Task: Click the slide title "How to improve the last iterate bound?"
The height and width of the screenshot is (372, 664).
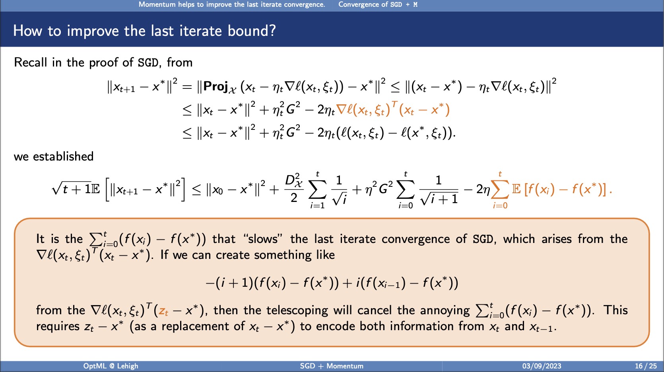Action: (x=144, y=31)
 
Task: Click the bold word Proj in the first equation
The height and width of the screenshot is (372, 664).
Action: (x=216, y=86)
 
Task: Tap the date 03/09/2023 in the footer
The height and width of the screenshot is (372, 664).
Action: (x=542, y=366)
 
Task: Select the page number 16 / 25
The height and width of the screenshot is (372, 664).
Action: (x=646, y=366)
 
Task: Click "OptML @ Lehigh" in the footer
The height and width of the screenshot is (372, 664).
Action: (x=111, y=366)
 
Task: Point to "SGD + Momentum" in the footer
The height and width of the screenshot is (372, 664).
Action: (x=332, y=366)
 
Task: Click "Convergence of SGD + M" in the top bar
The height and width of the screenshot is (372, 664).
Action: (x=378, y=4)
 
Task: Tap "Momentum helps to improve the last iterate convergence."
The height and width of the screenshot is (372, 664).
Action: (x=232, y=4)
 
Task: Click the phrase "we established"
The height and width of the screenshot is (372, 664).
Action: (x=54, y=157)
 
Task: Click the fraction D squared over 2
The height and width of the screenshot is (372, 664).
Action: (x=294, y=189)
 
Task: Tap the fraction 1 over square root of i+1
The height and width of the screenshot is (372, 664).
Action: (x=439, y=190)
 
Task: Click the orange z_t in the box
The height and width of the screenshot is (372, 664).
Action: (x=163, y=311)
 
